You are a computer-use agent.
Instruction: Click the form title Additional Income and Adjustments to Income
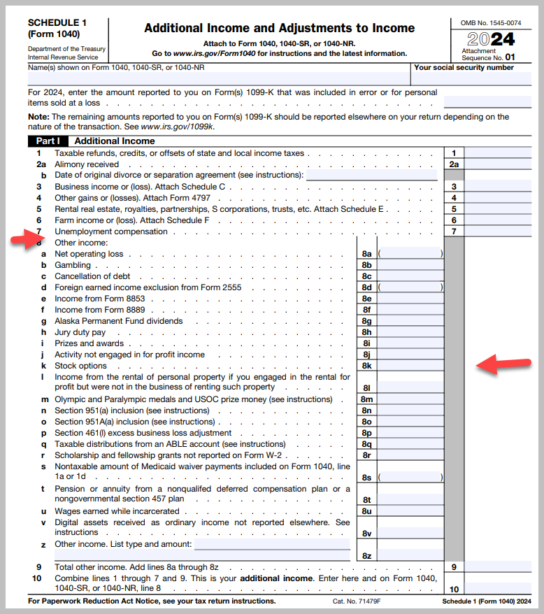[x=279, y=29]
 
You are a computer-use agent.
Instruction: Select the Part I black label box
[x=48, y=141]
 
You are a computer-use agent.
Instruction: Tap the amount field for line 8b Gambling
[x=409, y=266]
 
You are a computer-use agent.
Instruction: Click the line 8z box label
[x=366, y=556]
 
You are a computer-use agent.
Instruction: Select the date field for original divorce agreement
[x=373, y=176]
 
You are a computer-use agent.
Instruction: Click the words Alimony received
[x=87, y=164]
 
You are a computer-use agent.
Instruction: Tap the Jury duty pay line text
[x=80, y=333]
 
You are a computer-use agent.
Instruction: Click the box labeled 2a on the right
[x=454, y=164]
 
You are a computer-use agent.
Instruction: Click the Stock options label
[x=80, y=366]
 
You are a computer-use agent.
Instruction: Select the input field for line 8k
[x=409, y=366]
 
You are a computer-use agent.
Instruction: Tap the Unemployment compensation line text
[x=111, y=231]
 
